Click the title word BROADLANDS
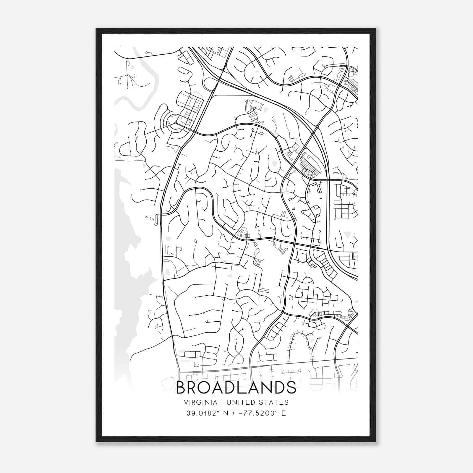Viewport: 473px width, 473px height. point(236,388)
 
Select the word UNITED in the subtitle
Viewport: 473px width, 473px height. point(240,402)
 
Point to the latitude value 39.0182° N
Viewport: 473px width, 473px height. point(206,413)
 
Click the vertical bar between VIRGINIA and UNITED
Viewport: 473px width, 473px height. point(221,402)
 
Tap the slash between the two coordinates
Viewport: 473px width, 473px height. point(234,413)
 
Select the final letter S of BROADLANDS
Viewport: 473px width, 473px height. point(291,388)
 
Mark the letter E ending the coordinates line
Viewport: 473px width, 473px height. point(284,413)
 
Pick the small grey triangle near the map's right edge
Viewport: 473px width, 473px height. point(346,234)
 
